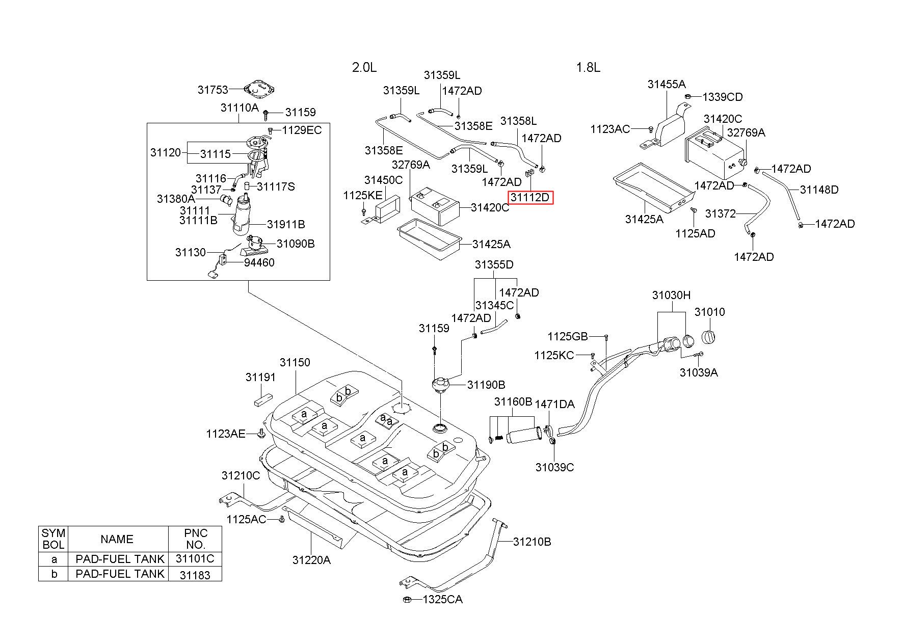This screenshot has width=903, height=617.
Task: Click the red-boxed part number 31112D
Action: coord(530,197)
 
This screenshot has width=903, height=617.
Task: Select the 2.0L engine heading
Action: coord(364,67)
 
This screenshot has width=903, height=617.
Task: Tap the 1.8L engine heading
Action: coord(588,67)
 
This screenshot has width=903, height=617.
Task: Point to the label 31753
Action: coord(213,90)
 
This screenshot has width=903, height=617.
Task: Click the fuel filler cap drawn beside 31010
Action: coord(709,337)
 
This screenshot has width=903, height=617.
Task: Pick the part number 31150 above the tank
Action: coord(295,362)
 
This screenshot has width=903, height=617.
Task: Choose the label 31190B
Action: coord(486,385)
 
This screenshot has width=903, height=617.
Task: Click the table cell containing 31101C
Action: coord(195,559)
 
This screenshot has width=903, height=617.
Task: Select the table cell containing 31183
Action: coord(195,574)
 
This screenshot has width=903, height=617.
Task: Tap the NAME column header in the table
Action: coord(117,539)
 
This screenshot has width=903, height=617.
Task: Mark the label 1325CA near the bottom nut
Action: coord(442,600)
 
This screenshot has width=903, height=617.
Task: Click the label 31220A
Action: coord(311,560)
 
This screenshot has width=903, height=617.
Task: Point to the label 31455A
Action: coord(667,84)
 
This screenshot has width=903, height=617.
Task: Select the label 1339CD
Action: coord(723,97)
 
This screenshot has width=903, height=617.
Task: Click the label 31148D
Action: coord(819,190)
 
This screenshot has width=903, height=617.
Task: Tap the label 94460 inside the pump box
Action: coord(259,262)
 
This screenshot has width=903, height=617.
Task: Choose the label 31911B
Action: coord(286,224)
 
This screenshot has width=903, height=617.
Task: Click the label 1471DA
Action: coord(554,404)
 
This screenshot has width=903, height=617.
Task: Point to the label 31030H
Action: coord(671,295)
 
